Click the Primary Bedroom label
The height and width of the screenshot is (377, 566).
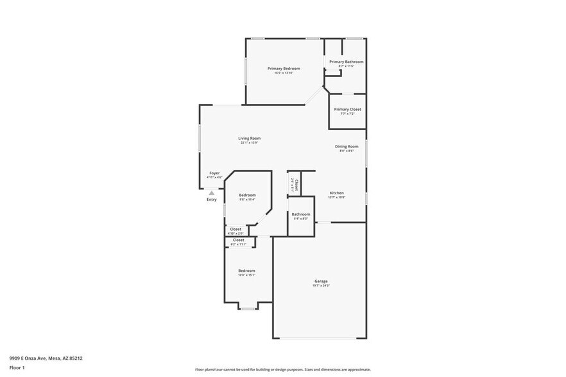(284, 68)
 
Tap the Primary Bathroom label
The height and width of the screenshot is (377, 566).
(346, 62)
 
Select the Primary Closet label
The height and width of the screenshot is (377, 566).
(347, 109)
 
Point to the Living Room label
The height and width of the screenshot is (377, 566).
(250, 138)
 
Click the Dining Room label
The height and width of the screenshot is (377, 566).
(347, 146)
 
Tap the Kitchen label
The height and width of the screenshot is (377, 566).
(337, 193)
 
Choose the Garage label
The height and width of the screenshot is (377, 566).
(321, 281)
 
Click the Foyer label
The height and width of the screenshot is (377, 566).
(214, 173)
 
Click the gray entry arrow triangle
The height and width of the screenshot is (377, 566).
(211, 192)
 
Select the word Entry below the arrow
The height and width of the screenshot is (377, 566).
(211, 199)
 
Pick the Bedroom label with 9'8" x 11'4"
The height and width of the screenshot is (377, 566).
(247, 195)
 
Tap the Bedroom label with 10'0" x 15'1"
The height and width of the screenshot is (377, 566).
(247, 271)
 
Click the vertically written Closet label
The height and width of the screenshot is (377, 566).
(296, 185)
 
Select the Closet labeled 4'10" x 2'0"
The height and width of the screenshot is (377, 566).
(236, 229)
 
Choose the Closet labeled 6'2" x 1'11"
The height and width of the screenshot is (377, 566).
(238, 240)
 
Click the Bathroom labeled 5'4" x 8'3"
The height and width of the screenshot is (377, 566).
(300, 214)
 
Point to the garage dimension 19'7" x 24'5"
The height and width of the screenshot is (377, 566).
(321, 286)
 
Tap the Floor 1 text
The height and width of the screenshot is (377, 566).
(17, 368)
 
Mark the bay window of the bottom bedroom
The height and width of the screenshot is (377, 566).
(247, 308)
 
